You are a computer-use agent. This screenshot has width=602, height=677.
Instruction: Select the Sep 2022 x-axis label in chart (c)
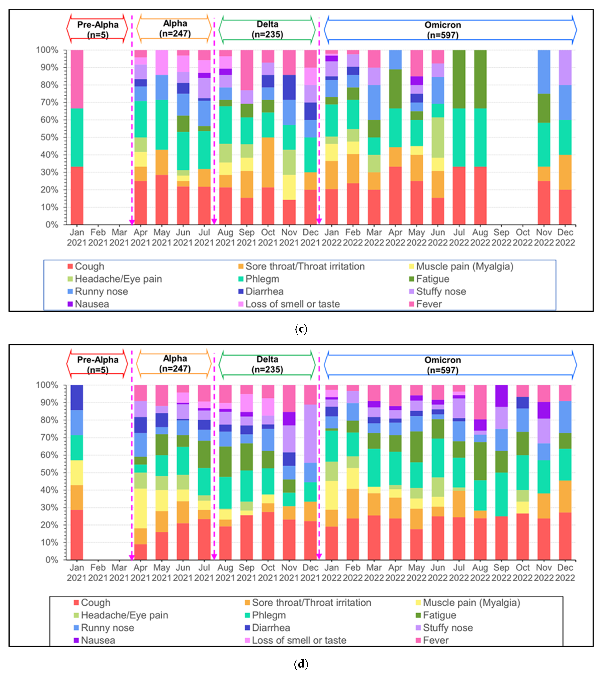[501, 237]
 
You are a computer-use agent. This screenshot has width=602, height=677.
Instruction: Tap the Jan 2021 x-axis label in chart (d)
[77, 573]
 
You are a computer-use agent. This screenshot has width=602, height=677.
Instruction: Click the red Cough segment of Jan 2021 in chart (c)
[77, 195]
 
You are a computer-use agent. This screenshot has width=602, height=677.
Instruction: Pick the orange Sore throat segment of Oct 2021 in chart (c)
[268, 162]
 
